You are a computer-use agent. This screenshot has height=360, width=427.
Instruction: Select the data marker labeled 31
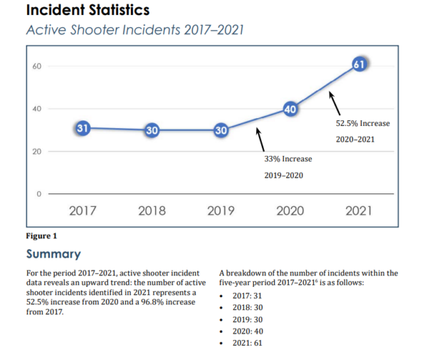coord(83,129)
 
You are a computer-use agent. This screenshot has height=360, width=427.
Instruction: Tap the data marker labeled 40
coord(290,109)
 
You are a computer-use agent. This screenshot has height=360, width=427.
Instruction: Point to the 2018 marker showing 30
coord(152,130)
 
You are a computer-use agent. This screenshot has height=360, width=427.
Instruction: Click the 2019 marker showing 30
coord(221,130)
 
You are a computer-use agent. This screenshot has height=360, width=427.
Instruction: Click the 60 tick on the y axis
coord(37,66)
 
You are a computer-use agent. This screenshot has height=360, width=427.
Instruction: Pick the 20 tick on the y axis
coord(37,152)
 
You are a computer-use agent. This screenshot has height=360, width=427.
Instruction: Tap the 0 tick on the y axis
coord(39,194)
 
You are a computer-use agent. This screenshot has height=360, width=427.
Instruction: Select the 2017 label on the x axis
coord(83,211)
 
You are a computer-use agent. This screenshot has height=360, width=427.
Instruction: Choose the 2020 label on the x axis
coord(290,211)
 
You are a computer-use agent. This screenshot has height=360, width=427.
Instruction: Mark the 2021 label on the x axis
coord(359,211)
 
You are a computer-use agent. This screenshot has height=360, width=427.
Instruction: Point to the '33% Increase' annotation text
coord(288,158)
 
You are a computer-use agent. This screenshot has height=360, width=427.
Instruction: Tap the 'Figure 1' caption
coord(41,235)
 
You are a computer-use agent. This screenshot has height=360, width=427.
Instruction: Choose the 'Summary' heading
coord(53,254)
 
